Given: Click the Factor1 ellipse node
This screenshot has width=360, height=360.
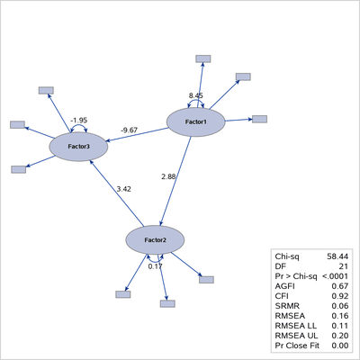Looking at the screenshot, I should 196,121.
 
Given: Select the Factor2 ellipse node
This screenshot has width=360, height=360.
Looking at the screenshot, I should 156,239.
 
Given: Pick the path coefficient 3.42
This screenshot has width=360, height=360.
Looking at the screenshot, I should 124,189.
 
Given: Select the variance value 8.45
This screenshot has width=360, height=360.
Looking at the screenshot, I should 196,94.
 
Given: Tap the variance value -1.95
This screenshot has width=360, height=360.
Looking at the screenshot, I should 78,120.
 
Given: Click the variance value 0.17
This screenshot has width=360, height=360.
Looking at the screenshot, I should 156,265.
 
